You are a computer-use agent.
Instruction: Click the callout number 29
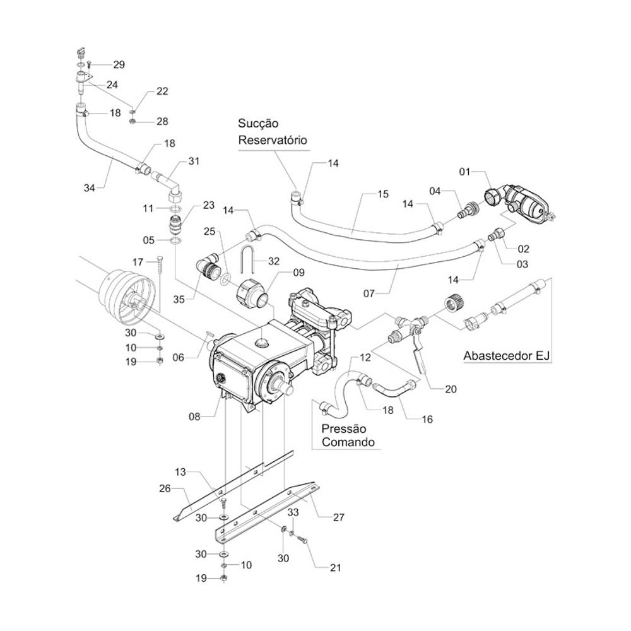119,65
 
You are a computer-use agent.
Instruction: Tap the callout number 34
90,187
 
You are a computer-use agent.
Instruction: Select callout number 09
298,273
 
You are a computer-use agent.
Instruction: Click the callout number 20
450,389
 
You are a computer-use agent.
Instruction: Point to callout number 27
339,517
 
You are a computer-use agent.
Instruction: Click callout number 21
334,568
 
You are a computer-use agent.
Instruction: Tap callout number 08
194,416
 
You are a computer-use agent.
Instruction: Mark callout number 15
384,195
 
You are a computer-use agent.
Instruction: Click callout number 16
427,418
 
